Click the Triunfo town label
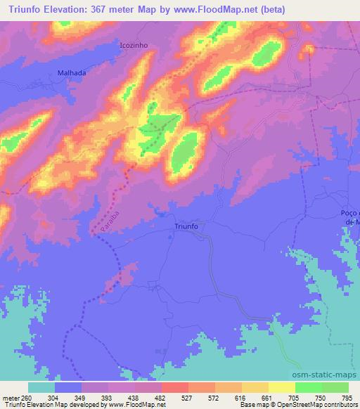click(187, 227)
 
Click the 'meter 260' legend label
click(16, 396)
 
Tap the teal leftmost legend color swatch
click(41, 387)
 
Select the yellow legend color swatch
click(282, 387)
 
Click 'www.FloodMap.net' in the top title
click(235, 10)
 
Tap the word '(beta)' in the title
click(301, 10)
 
